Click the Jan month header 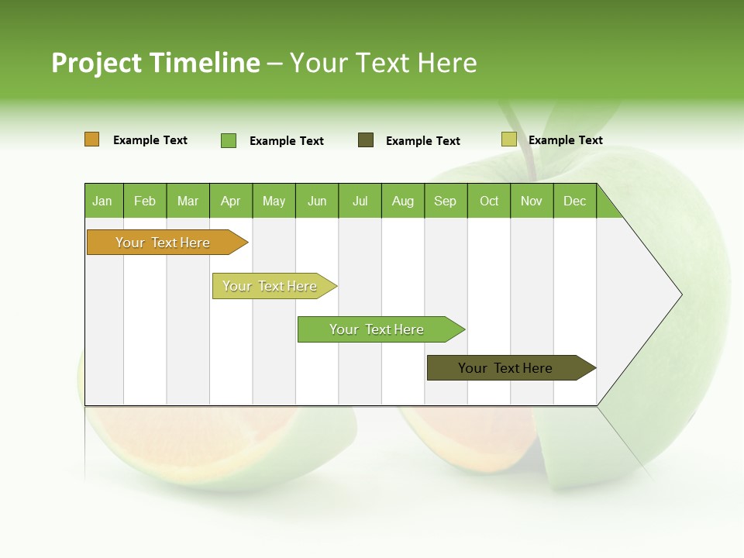[103, 201]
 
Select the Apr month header [231, 201]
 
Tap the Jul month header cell [360, 201]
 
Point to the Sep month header [446, 201]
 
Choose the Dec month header [574, 201]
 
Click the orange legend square [92, 139]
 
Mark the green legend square [229, 140]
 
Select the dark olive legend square [366, 140]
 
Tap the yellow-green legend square [508, 139]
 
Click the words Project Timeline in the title [155, 63]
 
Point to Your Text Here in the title [383, 63]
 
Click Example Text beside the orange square [150, 140]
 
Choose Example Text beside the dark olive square [423, 141]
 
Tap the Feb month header [145, 201]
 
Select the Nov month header [532, 201]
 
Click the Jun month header [317, 201]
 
